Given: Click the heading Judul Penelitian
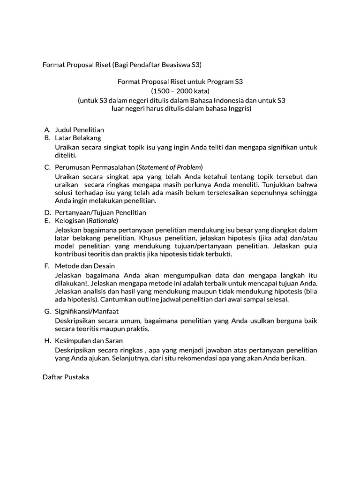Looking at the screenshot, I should click(x=79, y=129).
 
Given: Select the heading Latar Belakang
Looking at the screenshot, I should click(x=78, y=138).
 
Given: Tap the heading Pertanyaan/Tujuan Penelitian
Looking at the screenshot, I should click(x=100, y=212).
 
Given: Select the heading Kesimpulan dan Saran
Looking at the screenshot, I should click(x=89, y=340).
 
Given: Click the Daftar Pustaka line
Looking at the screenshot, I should click(x=66, y=377).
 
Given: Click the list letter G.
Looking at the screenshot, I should click(x=47, y=311).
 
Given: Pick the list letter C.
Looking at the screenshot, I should click(x=47, y=167).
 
